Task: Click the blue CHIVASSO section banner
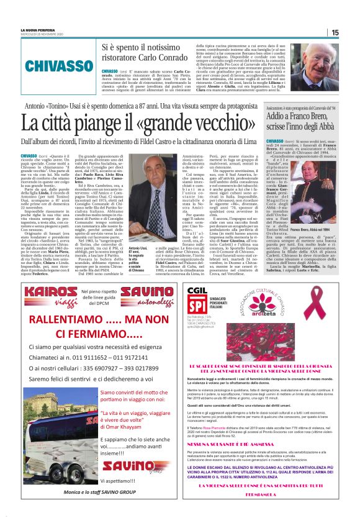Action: coord(47,63)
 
